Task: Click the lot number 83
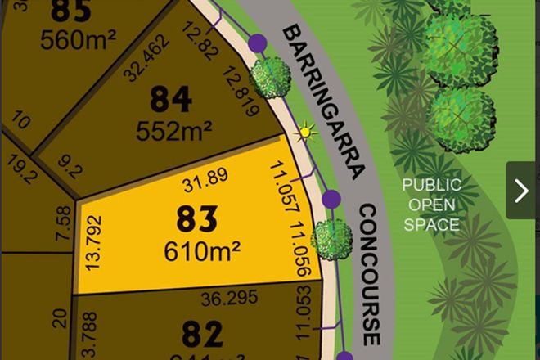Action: (197, 218)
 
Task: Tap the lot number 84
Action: (171, 101)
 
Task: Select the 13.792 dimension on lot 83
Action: (97, 243)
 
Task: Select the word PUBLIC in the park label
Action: (431, 186)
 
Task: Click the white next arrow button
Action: (521, 191)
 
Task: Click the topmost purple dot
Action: (258, 42)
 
